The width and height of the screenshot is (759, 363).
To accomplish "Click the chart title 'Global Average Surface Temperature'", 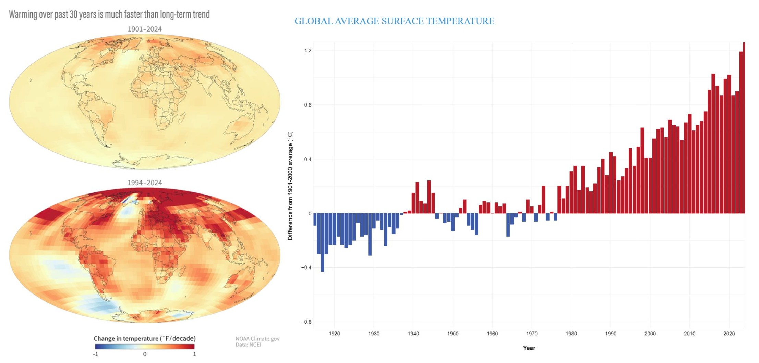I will (x=394, y=21).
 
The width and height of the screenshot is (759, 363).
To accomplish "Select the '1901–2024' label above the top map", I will (x=145, y=29).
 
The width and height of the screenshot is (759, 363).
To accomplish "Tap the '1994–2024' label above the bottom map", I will (x=145, y=183).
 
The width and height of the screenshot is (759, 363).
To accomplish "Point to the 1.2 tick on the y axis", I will (x=308, y=51).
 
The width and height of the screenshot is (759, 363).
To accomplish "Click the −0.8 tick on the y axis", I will (x=306, y=322).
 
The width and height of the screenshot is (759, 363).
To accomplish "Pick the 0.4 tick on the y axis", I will (x=308, y=159).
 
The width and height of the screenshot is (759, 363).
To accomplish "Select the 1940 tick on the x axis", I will (x=413, y=334).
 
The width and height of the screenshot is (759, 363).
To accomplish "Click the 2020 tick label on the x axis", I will (x=729, y=334).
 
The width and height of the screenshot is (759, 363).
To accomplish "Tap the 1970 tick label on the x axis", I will (x=532, y=334).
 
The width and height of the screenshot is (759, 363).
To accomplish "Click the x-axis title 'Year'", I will (x=529, y=348).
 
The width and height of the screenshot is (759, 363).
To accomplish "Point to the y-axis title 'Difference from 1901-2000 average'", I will (x=290, y=186).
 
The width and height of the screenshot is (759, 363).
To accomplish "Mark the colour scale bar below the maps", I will (x=145, y=347).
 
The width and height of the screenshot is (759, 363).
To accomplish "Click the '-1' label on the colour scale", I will (x=96, y=354).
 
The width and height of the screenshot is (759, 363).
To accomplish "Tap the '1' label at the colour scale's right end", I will (x=194, y=354).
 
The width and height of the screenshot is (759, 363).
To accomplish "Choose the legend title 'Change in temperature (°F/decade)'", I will (x=145, y=338).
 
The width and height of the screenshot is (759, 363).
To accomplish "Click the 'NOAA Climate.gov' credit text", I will (x=257, y=339).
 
